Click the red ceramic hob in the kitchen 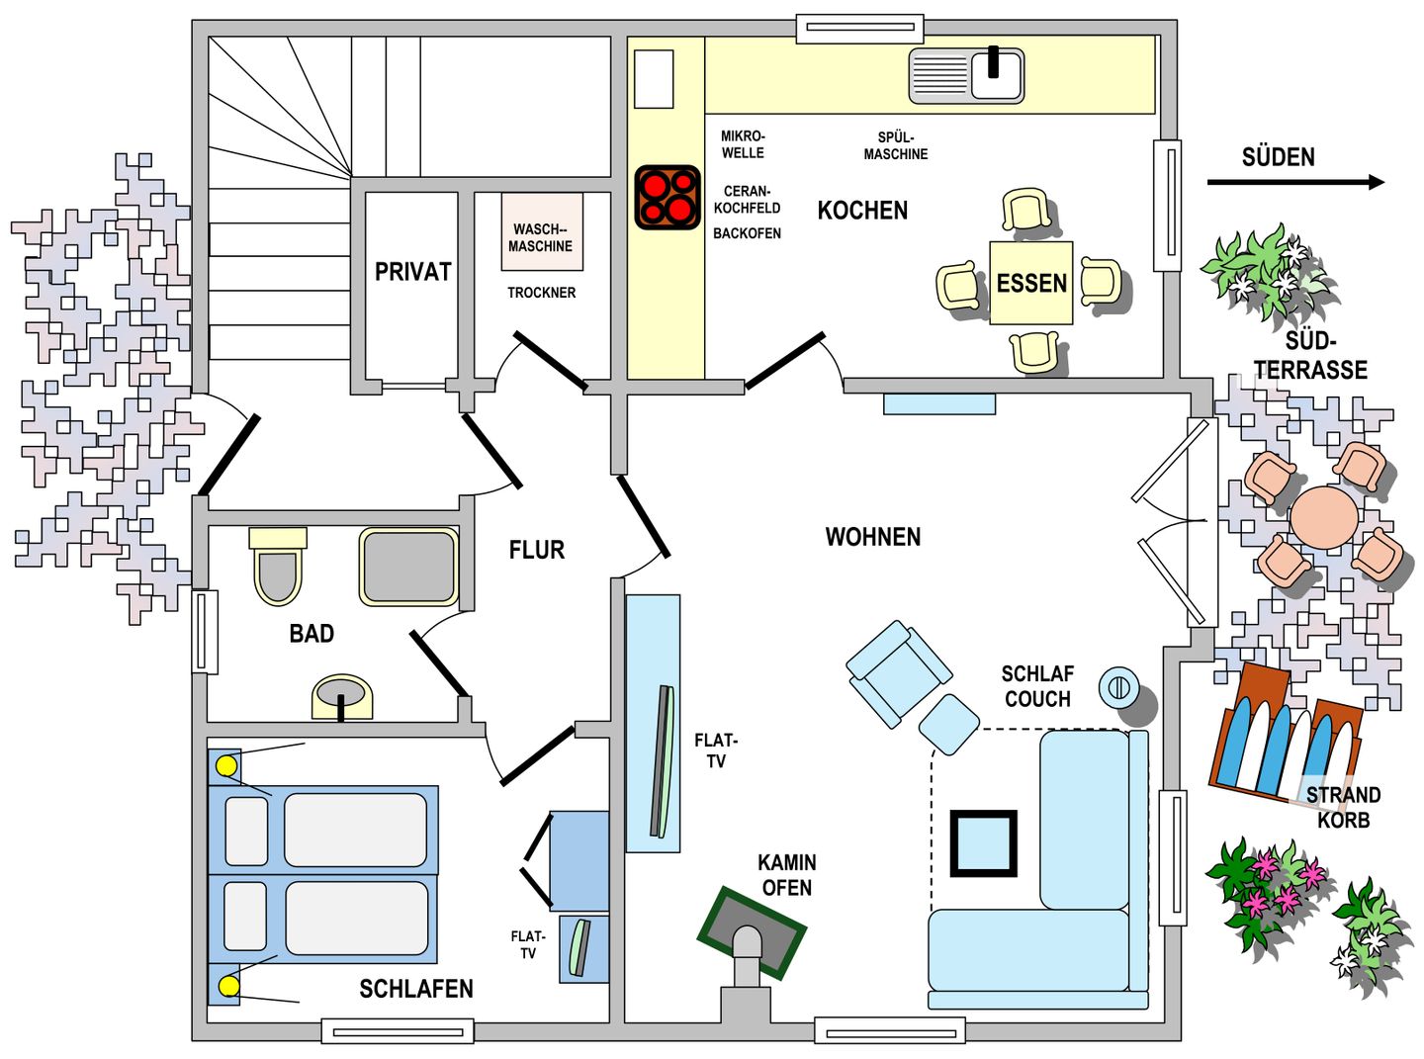click(x=667, y=197)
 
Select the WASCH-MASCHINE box click(x=542, y=231)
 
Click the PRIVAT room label click(x=412, y=272)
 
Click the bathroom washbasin click(x=342, y=697)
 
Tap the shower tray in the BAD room click(x=408, y=567)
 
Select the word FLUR click(x=537, y=550)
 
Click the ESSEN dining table click(x=1031, y=283)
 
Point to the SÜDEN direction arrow click(x=1295, y=182)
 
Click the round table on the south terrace click(x=1324, y=517)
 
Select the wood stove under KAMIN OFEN click(x=752, y=934)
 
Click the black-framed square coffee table click(x=984, y=843)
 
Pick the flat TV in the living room click(x=662, y=761)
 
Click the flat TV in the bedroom click(x=579, y=947)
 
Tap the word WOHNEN click(x=872, y=537)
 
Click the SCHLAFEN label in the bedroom click(x=416, y=989)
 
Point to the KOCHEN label click(x=862, y=210)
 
